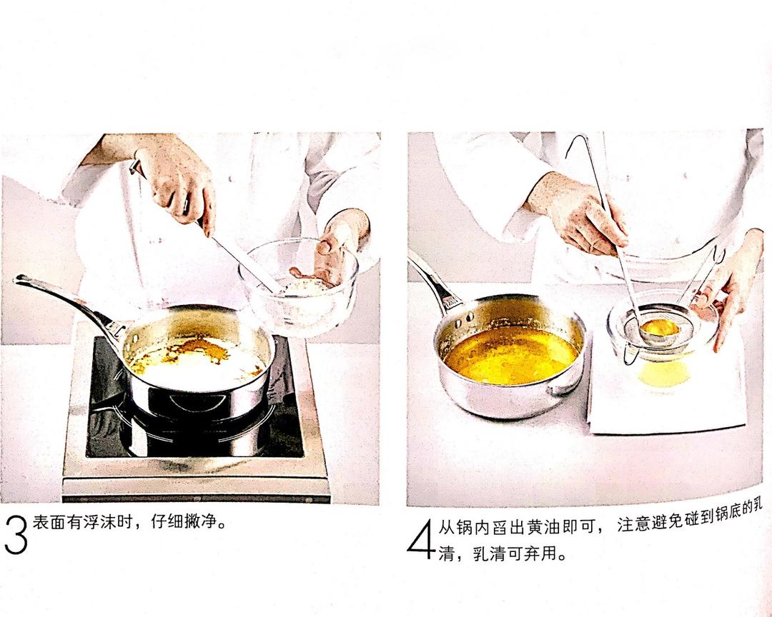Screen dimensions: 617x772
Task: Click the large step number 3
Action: (15, 536)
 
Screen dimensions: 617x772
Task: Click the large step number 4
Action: (421, 540)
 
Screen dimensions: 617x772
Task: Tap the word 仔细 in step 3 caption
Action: (166, 523)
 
